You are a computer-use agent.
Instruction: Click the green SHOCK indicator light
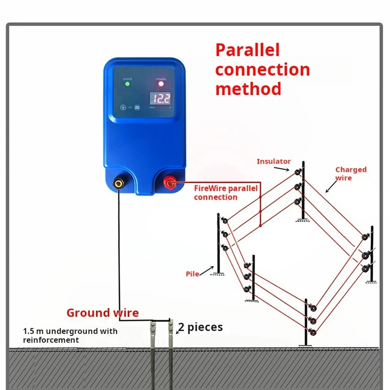tap(127, 84)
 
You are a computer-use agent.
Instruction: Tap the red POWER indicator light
tap(161, 84)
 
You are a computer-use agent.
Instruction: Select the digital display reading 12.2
tap(160, 98)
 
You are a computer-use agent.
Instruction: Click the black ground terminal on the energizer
tap(119, 184)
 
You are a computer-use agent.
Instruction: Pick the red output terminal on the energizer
tap(170, 184)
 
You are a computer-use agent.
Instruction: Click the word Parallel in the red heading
tap(247, 50)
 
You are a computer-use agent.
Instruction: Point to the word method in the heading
tap(248, 89)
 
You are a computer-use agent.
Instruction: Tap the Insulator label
tap(273, 161)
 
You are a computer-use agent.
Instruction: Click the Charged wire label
tap(351, 173)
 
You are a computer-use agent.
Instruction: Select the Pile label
tap(193, 273)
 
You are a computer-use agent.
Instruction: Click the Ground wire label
tap(103, 312)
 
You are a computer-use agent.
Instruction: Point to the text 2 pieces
tap(200, 327)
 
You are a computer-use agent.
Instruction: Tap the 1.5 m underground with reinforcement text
tap(70, 335)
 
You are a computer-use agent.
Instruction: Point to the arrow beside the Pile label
tap(207, 271)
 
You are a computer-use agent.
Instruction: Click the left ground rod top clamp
tap(154, 326)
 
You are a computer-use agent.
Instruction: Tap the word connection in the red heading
tap(263, 70)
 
